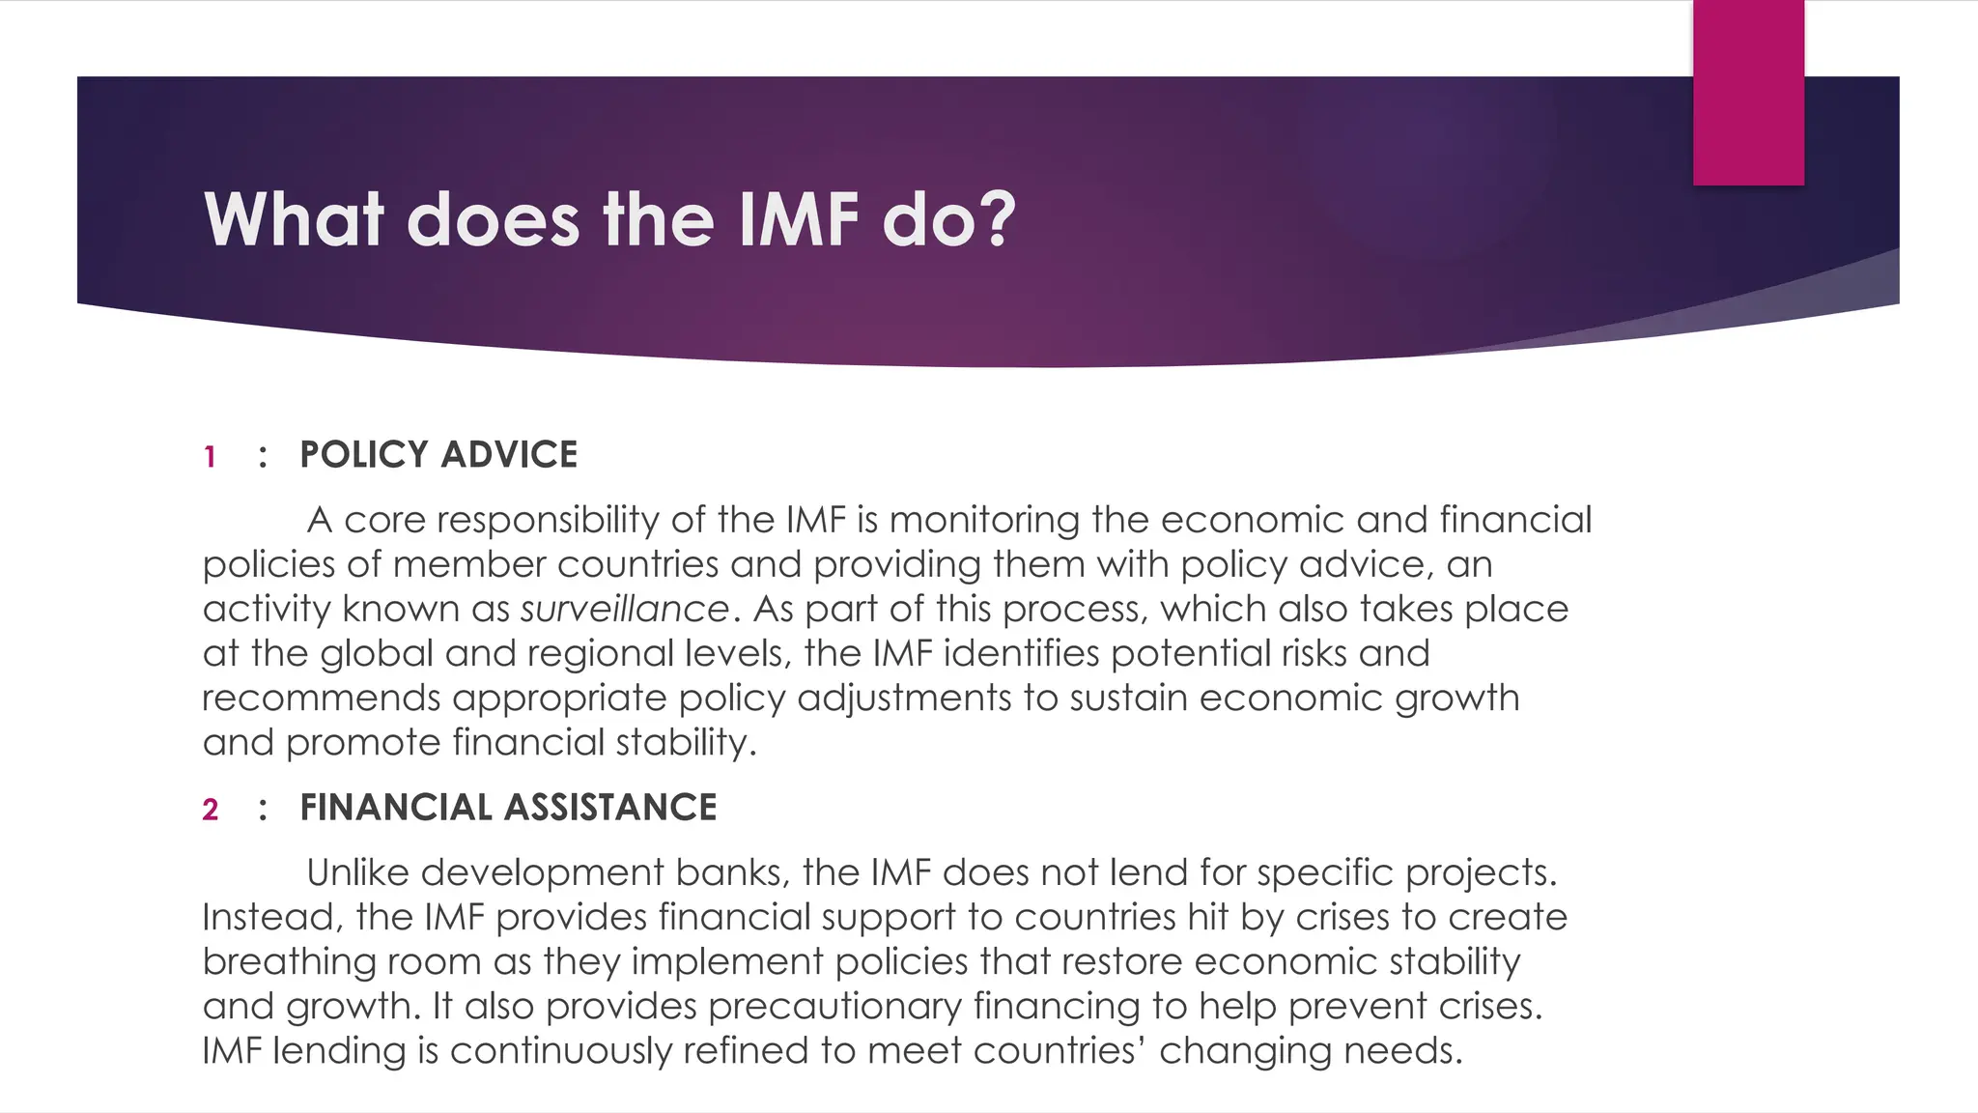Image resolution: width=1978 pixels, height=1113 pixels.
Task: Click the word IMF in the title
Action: pyautogui.click(x=798, y=219)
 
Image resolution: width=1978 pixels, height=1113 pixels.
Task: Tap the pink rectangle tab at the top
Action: pyautogui.click(x=1748, y=92)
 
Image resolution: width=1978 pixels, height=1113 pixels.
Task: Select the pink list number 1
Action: pyautogui.click(x=210, y=457)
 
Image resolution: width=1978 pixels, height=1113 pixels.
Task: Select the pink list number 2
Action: pyautogui.click(x=211, y=810)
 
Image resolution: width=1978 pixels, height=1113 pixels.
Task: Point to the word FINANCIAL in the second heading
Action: pyautogui.click(x=396, y=808)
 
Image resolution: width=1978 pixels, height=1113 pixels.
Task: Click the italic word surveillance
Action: pyautogui.click(x=624, y=610)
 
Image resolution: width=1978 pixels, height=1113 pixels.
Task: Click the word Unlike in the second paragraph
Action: pyautogui.click(x=357, y=873)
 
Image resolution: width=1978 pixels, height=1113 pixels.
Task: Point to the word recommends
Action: pyautogui.click(x=321, y=699)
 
